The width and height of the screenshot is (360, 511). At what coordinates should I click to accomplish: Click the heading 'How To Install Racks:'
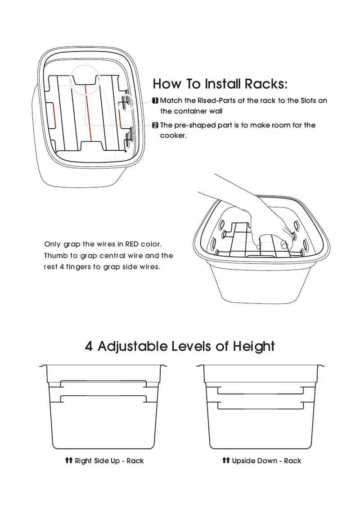pos(220,84)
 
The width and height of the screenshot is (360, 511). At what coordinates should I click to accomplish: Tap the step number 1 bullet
pos(155,101)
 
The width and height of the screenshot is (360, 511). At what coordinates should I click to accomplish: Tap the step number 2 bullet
pos(155,125)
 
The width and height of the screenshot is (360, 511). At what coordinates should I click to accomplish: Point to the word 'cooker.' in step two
pos(173,136)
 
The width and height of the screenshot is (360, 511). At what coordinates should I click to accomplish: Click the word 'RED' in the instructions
pos(132,244)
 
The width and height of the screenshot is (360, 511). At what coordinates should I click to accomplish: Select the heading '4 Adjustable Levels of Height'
pos(180,346)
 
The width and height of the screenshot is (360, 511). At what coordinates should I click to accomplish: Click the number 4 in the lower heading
pos(89,346)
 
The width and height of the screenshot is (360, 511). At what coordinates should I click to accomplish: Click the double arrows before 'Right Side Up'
pos(68,460)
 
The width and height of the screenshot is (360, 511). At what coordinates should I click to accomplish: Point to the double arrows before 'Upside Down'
pos(226,460)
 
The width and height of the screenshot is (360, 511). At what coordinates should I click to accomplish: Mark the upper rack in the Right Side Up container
pos(103,380)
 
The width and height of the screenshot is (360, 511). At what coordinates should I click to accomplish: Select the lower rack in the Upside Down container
pos(261,409)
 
